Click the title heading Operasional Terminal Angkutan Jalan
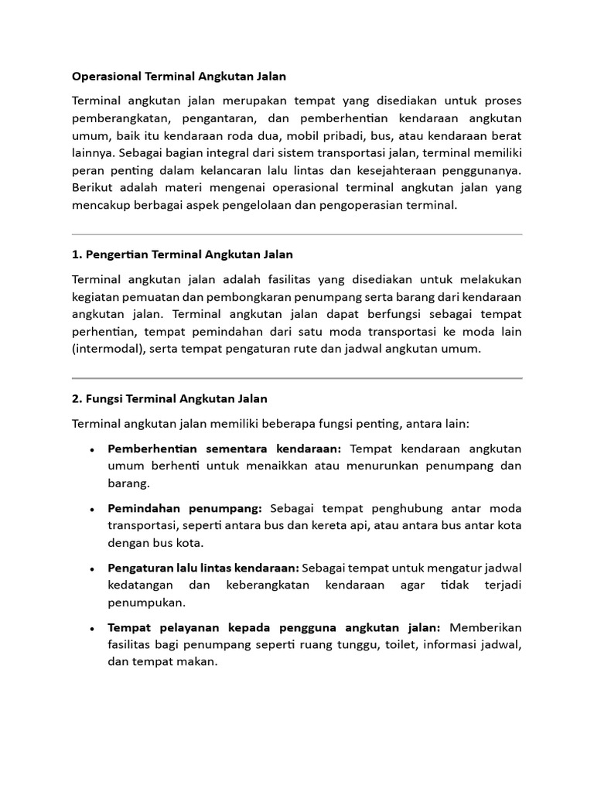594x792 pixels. pyautogui.click(x=179, y=76)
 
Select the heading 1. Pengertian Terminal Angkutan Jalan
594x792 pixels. pyautogui.click(x=182, y=254)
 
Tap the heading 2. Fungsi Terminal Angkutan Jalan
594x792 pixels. pyautogui.click(x=169, y=398)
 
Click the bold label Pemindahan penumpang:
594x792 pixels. pyautogui.click(x=185, y=508)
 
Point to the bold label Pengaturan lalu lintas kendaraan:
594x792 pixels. pyautogui.click(x=203, y=568)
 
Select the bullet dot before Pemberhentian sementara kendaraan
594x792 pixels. pyautogui.click(x=92, y=450)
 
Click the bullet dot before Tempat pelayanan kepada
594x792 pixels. pyautogui.click(x=92, y=628)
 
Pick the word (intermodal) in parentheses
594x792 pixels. pyautogui.click(x=105, y=348)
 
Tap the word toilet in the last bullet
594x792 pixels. pyautogui.click(x=396, y=645)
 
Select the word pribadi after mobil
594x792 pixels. pyautogui.click(x=343, y=135)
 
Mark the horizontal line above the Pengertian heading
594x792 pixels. pyautogui.click(x=297, y=234)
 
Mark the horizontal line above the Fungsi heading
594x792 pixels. pyautogui.click(x=297, y=378)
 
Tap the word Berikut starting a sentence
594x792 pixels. pyautogui.click(x=94, y=188)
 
